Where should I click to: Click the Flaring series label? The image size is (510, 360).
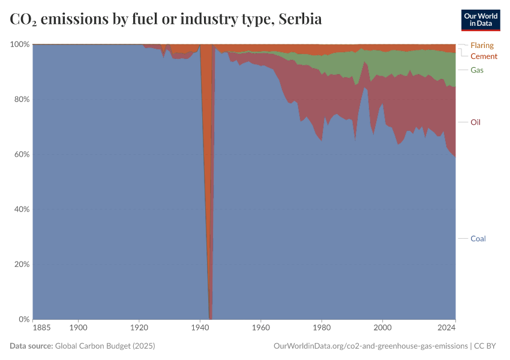click(x=482, y=45)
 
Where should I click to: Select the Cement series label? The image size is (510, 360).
click(x=484, y=56)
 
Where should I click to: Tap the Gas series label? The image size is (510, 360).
click(x=477, y=70)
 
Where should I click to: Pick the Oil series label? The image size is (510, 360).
click(x=476, y=122)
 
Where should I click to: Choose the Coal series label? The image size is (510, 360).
click(x=478, y=238)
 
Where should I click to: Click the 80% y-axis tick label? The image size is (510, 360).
click(x=21, y=99)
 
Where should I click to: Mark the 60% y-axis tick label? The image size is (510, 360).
click(x=21, y=154)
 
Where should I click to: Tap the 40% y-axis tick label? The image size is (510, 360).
click(x=21, y=209)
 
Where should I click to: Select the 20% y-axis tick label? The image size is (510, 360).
click(x=21, y=264)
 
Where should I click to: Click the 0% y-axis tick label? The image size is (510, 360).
click(x=23, y=319)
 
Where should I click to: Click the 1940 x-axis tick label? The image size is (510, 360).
click(x=200, y=328)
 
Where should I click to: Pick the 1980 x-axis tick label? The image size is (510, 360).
click(x=322, y=328)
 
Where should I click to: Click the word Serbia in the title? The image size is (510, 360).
click(x=301, y=19)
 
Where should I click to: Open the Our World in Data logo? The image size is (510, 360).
click(x=480, y=20)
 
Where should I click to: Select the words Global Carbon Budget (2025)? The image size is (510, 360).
click(x=105, y=346)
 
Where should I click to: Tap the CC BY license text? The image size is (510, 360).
click(x=488, y=346)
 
